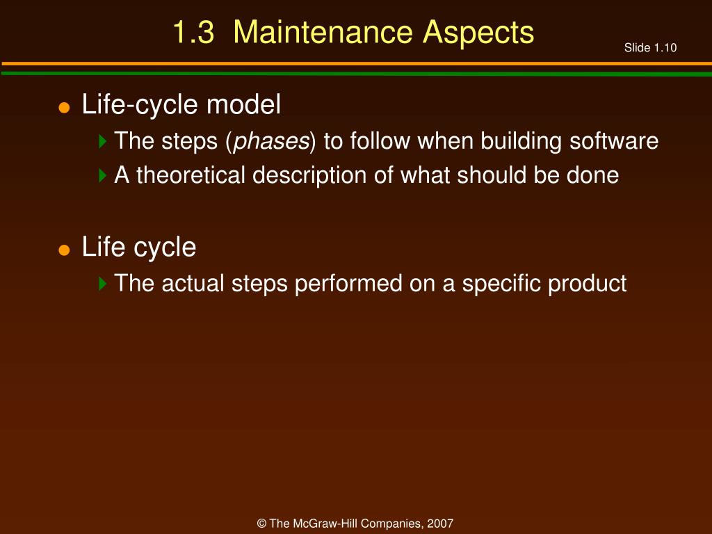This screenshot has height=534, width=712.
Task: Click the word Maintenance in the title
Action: pyautogui.click(x=323, y=32)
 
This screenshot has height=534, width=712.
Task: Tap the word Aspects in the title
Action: pyautogui.click(x=478, y=33)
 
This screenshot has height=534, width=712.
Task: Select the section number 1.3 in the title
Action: pyautogui.click(x=193, y=32)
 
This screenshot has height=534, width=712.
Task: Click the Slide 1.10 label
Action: pyautogui.click(x=650, y=48)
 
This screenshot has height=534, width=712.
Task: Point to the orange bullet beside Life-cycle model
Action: pyautogui.click(x=64, y=108)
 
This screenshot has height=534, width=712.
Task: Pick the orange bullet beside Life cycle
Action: pyautogui.click(x=64, y=250)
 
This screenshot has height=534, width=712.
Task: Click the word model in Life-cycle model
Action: pyautogui.click(x=244, y=104)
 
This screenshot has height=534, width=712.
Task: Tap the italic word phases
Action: pyautogui.click(x=271, y=141)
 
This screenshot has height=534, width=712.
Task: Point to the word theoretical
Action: pyautogui.click(x=191, y=175)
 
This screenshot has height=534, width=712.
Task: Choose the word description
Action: pyautogui.click(x=309, y=176)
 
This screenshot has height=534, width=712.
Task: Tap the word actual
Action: pyautogui.click(x=193, y=284)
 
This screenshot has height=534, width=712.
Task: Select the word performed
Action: pyautogui.click(x=348, y=284)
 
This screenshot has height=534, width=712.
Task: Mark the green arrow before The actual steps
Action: pyautogui.click(x=103, y=284)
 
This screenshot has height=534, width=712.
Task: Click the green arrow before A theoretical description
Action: pyautogui.click(x=103, y=175)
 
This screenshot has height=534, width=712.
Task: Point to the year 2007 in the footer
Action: pyautogui.click(x=440, y=524)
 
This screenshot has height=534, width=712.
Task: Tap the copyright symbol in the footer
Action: pyautogui.click(x=261, y=524)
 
